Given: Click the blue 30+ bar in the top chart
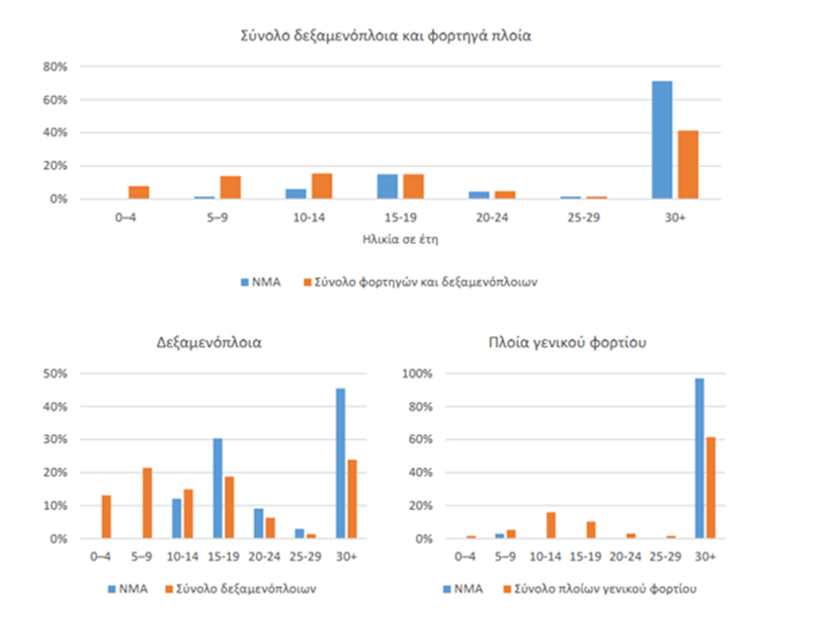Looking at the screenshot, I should coord(661,139).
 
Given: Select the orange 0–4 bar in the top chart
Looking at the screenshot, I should coord(138,192).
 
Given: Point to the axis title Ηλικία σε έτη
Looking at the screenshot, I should coord(389,239).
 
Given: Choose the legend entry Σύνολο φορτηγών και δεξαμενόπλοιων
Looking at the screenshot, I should coord(425,282).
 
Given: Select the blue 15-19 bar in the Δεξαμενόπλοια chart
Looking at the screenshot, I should coord(216,489).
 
